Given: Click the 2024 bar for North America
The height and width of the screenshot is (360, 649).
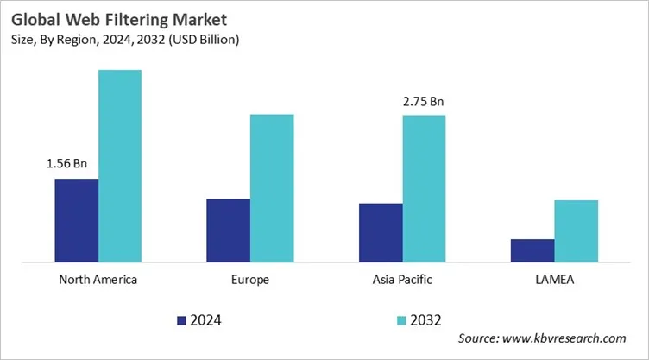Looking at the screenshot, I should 76,220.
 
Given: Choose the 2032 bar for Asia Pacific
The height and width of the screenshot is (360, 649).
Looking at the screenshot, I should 424,188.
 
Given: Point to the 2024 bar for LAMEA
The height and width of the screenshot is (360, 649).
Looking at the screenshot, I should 532,250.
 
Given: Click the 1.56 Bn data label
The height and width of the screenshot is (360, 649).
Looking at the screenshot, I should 66,163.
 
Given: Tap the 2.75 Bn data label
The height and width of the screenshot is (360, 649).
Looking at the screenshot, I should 424,102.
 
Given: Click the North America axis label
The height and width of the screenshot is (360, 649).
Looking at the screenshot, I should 98,280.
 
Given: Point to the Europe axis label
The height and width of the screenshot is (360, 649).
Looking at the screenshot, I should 250,280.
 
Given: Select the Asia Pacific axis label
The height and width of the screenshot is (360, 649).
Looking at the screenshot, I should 402,280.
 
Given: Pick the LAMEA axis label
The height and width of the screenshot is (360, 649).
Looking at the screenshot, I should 554,280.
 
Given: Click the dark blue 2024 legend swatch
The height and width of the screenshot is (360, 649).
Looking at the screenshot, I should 181,320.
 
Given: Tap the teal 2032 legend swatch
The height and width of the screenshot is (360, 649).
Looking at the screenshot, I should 401,320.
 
